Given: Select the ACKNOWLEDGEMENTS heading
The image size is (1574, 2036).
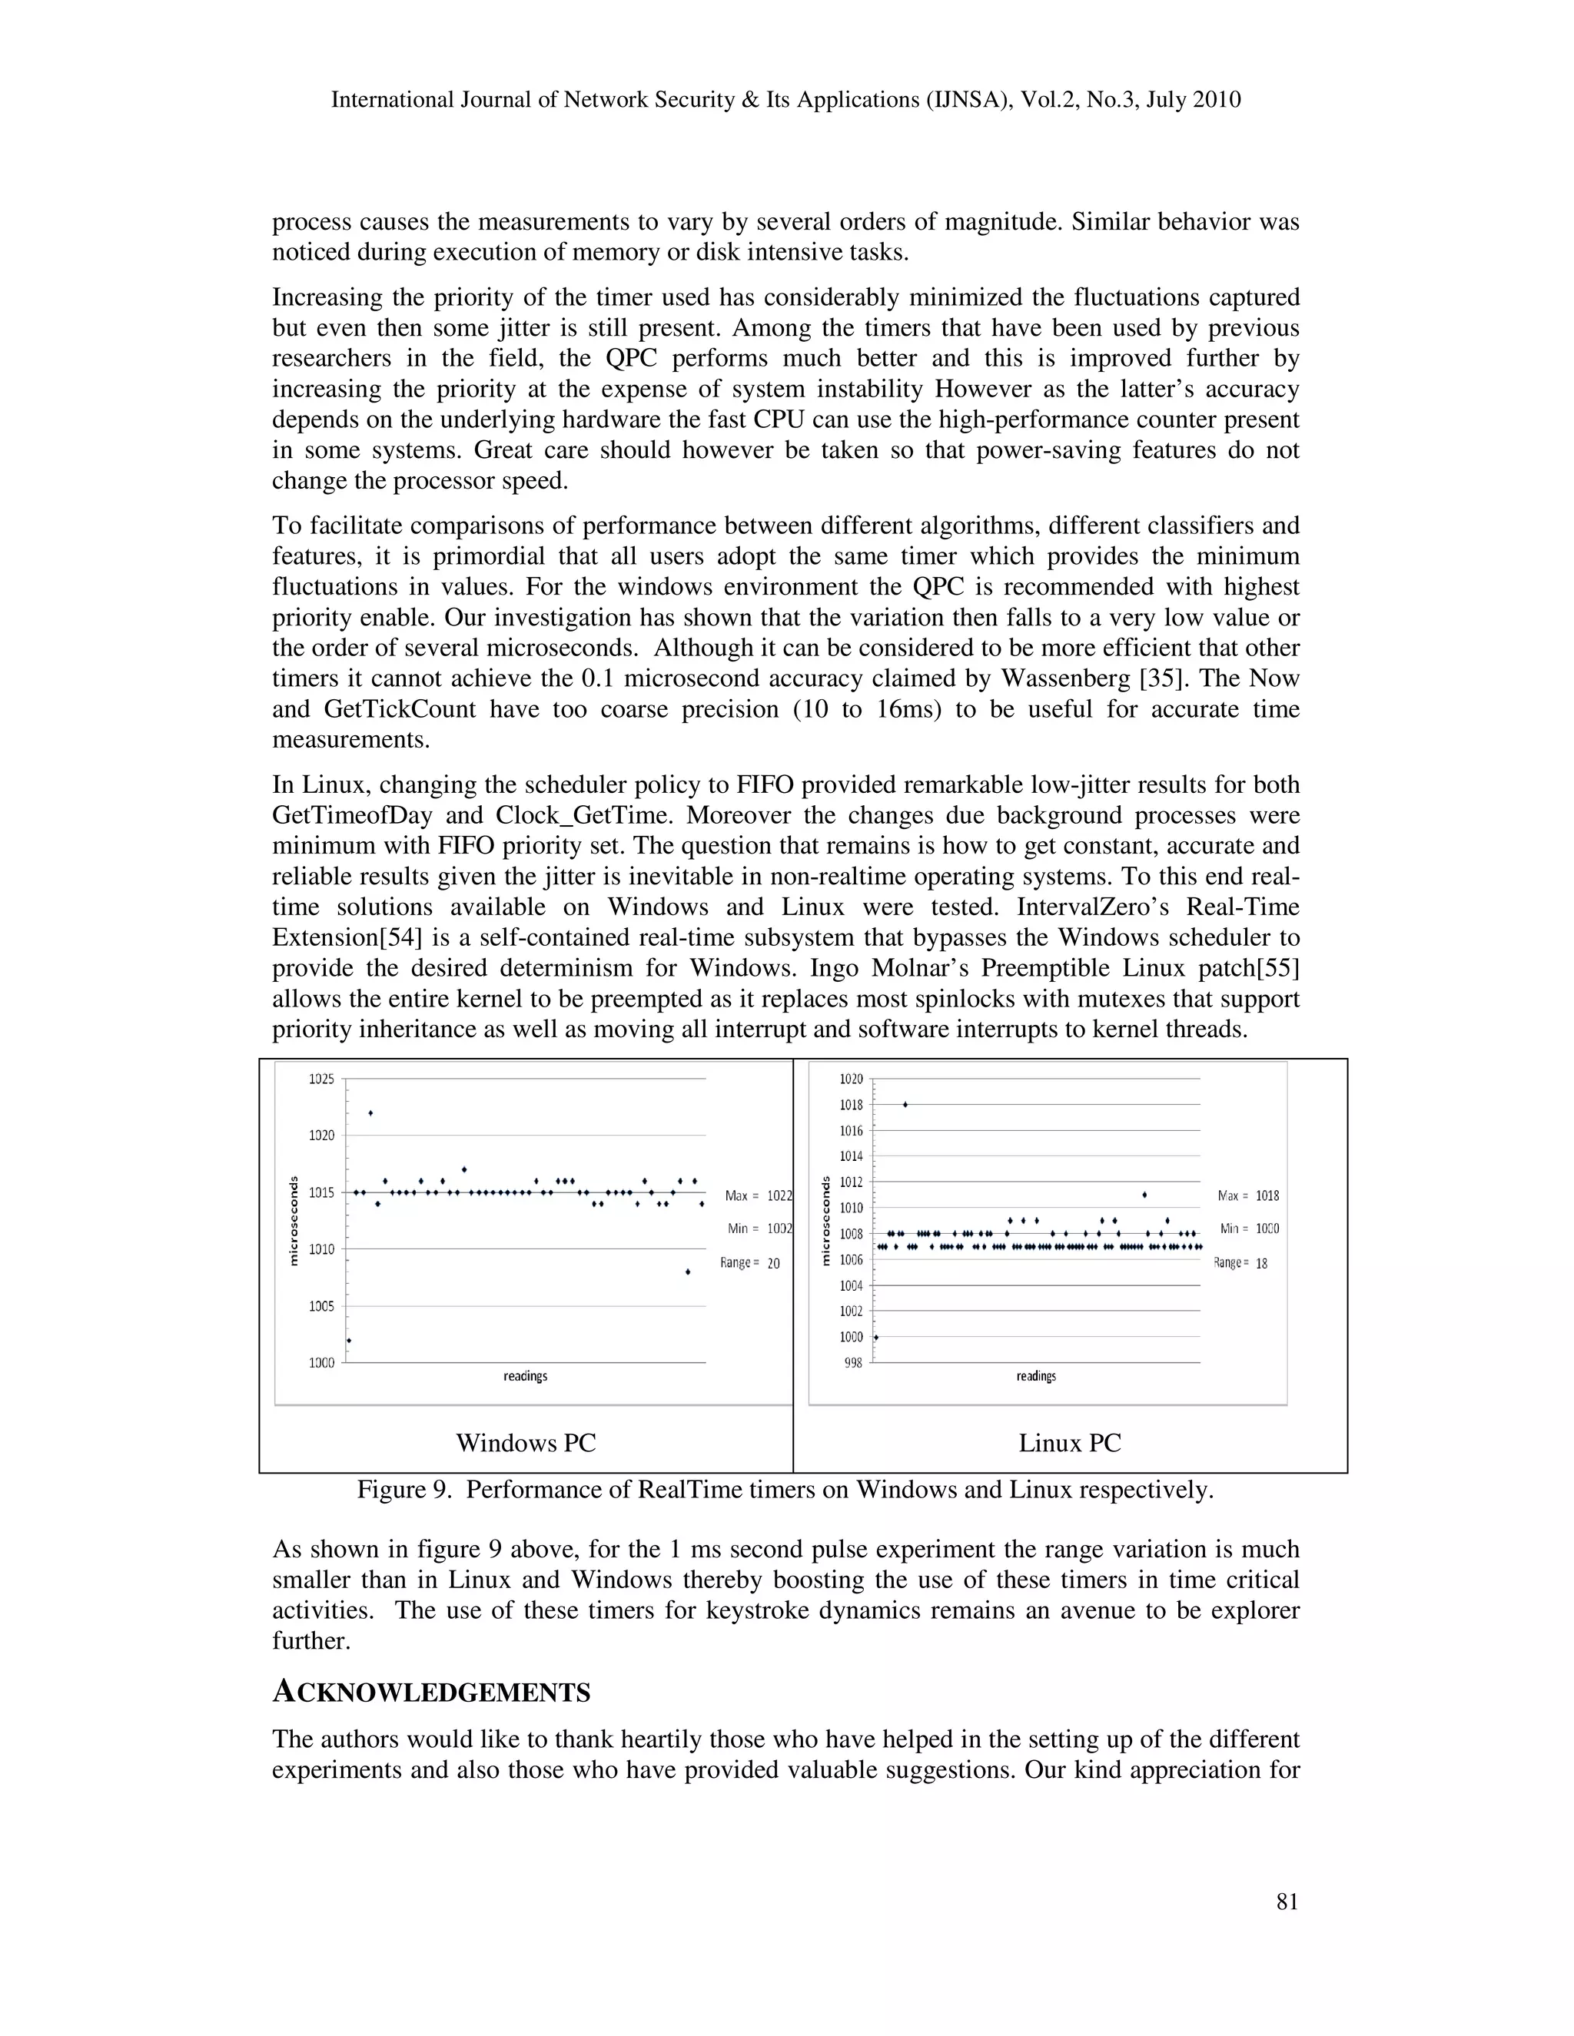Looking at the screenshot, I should click(x=431, y=1692).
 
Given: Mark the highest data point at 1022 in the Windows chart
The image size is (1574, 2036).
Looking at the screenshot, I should click(x=370, y=1113).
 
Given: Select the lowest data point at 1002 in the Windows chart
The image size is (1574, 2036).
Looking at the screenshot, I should click(x=349, y=1341).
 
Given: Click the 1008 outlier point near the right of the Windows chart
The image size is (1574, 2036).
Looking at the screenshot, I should click(x=687, y=1272).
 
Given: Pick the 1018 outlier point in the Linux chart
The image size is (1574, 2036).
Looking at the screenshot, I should click(x=905, y=1105).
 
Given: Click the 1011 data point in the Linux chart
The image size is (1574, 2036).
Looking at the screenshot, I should click(x=1144, y=1194).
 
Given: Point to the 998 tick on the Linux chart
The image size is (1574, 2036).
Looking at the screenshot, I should click(x=853, y=1363).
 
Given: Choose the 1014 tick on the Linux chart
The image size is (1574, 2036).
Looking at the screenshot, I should click(x=851, y=1156).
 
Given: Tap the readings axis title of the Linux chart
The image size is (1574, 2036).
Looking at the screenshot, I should click(x=1035, y=1376).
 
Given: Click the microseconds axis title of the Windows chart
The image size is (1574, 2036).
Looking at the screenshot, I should click(x=293, y=1220).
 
